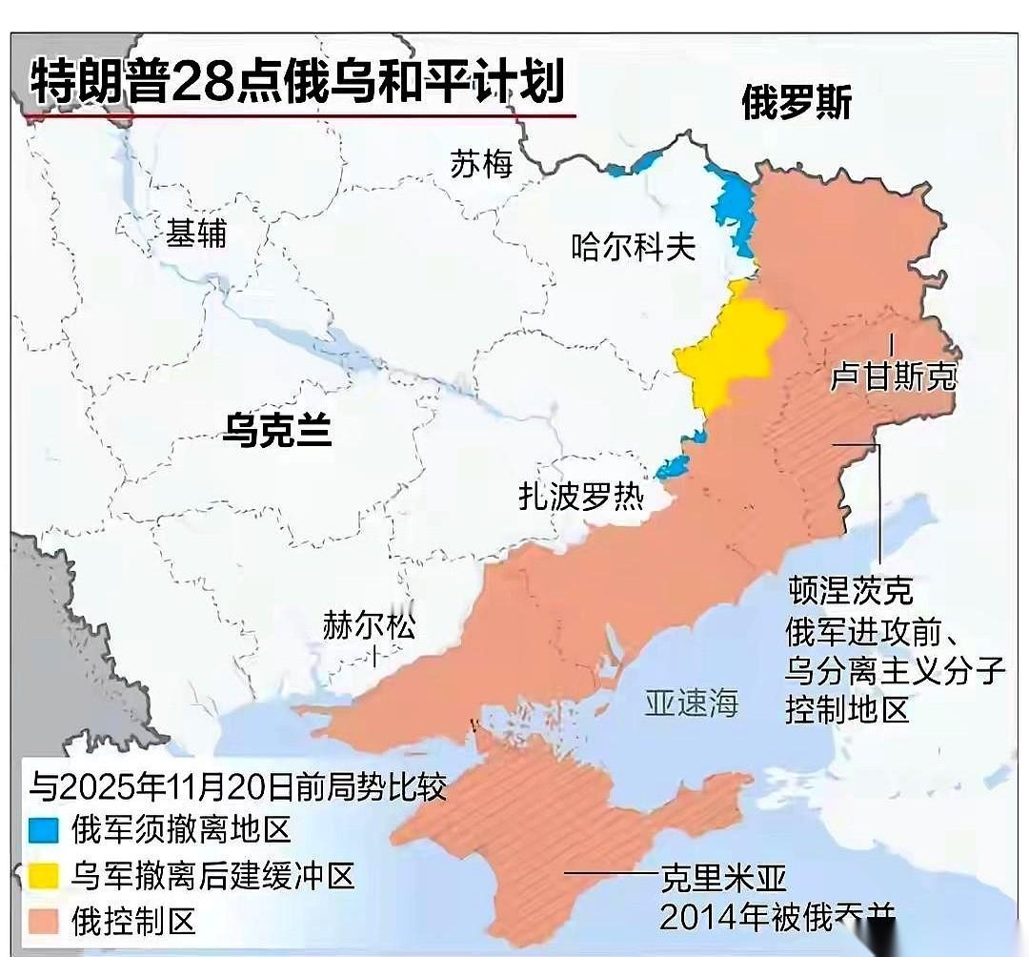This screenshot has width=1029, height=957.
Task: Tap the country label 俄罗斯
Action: pos(797,103)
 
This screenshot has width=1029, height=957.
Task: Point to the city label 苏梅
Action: pos(481,165)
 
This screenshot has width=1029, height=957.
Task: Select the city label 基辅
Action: pos(196,232)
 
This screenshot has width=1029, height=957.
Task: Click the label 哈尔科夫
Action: pos(634,248)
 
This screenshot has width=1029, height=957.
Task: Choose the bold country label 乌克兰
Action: pos(277,430)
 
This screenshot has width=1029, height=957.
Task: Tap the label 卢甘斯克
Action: pos(893,377)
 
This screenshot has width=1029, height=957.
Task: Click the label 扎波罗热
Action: pos(581,497)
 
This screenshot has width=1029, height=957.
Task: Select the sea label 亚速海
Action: pos(692,703)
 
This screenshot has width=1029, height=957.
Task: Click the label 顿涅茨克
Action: pos(850,591)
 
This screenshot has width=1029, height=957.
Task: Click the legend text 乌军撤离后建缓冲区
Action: pos(212,875)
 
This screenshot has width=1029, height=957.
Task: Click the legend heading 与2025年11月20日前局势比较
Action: pos(237,787)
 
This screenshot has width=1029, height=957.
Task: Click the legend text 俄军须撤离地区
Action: pos(180,829)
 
